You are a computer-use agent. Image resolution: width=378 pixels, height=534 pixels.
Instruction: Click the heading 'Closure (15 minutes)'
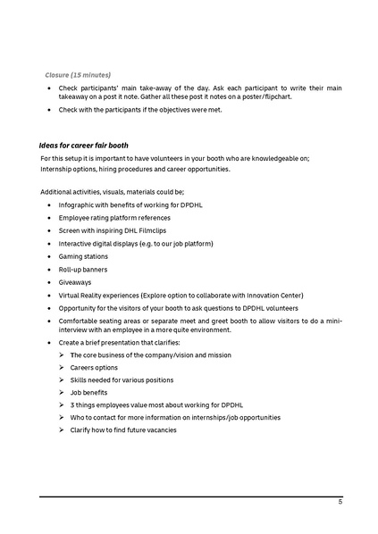(x=79, y=74)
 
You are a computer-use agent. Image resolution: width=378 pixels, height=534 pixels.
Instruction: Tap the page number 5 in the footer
(x=340, y=503)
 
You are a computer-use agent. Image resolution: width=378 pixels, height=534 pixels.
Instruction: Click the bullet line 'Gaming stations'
(x=83, y=256)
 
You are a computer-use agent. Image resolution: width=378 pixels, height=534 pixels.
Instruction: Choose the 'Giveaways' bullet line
(x=75, y=282)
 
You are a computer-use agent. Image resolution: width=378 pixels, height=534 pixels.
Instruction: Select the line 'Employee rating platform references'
(x=114, y=218)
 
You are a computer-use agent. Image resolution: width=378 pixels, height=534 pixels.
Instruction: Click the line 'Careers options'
(x=94, y=367)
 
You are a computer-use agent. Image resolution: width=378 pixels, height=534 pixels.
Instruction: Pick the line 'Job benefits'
(x=88, y=392)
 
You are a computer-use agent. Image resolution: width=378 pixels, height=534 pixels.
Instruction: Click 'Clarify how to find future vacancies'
(x=123, y=430)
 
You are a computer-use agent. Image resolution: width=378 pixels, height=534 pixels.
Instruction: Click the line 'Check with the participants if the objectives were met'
(x=139, y=110)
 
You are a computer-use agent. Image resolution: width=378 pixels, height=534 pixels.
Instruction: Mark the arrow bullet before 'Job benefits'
(x=63, y=392)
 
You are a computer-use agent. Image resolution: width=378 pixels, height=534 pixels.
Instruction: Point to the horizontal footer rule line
(x=190, y=496)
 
